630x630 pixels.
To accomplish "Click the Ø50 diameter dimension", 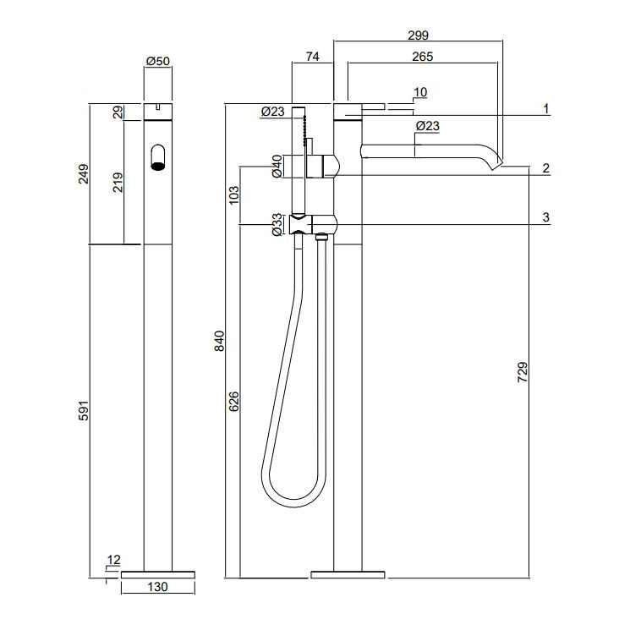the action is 158,61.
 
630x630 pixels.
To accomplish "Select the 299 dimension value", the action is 419,36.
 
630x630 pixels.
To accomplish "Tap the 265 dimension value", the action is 422,57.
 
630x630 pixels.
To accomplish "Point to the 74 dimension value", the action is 312,57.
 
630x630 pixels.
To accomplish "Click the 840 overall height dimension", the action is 219,341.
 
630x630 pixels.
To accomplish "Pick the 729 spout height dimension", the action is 523,372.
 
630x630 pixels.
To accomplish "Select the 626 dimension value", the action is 234,402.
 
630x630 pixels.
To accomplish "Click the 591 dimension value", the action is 83,410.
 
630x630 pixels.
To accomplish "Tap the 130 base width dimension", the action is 157,587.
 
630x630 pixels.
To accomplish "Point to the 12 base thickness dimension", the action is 114,560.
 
